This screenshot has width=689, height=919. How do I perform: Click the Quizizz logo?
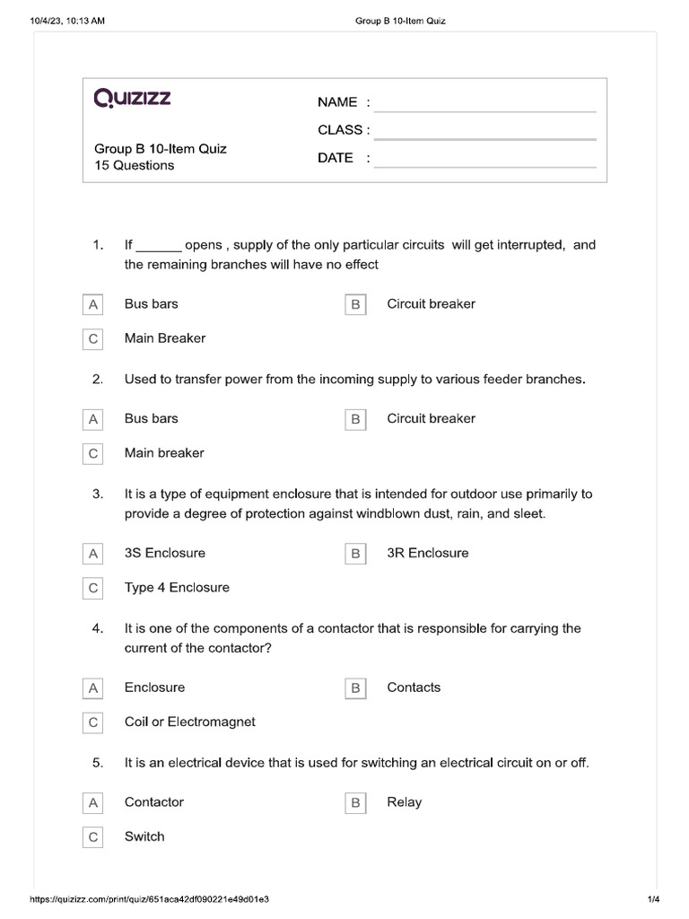pyautogui.click(x=132, y=98)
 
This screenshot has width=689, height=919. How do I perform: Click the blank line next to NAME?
pyautogui.click(x=485, y=103)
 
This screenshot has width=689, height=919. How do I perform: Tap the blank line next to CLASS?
pyautogui.click(x=485, y=131)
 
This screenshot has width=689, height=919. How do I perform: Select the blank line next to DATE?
pyautogui.click(x=485, y=159)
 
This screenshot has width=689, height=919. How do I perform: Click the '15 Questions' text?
pyautogui.click(x=135, y=166)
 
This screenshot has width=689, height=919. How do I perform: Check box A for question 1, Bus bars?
pyautogui.click(x=92, y=305)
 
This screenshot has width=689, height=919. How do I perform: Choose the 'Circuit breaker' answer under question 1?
pyautogui.click(x=431, y=304)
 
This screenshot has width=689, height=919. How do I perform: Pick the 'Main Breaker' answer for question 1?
pyautogui.click(x=165, y=338)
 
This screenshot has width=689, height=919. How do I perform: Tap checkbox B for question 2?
pyautogui.click(x=355, y=419)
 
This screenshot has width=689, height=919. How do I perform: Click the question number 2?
pyautogui.click(x=98, y=380)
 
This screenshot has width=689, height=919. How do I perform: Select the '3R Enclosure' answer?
pyautogui.click(x=427, y=554)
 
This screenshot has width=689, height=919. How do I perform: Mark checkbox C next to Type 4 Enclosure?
pyautogui.click(x=92, y=589)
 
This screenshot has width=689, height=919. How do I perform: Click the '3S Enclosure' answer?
pyautogui.click(x=165, y=554)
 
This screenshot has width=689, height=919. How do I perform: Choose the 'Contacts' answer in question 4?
pyautogui.click(x=414, y=687)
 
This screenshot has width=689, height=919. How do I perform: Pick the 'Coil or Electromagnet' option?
pyautogui.click(x=190, y=722)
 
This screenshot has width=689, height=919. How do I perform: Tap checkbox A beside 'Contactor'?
pyautogui.click(x=92, y=803)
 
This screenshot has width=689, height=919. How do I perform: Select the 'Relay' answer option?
pyautogui.click(x=404, y=802)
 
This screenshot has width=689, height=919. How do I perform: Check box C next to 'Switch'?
pyautogui.click(x=92, y=837)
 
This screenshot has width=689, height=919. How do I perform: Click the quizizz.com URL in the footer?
pyautogui.click(x=150, y=899)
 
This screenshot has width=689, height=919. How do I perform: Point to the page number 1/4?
pyautogui.click(x=652, y=899)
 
